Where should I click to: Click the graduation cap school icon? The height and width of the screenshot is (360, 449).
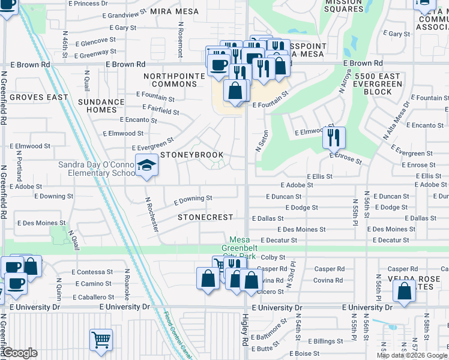tap(146, 166)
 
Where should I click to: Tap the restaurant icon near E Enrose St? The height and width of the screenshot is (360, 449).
tap(333, 137)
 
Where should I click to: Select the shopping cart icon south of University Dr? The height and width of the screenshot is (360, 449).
tap(100, 340)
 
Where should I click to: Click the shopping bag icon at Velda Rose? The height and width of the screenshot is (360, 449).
tap(405, 291)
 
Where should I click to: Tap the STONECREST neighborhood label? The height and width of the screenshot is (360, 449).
tap(205, 217)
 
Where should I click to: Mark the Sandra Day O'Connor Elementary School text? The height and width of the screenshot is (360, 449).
tap(96, 169)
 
